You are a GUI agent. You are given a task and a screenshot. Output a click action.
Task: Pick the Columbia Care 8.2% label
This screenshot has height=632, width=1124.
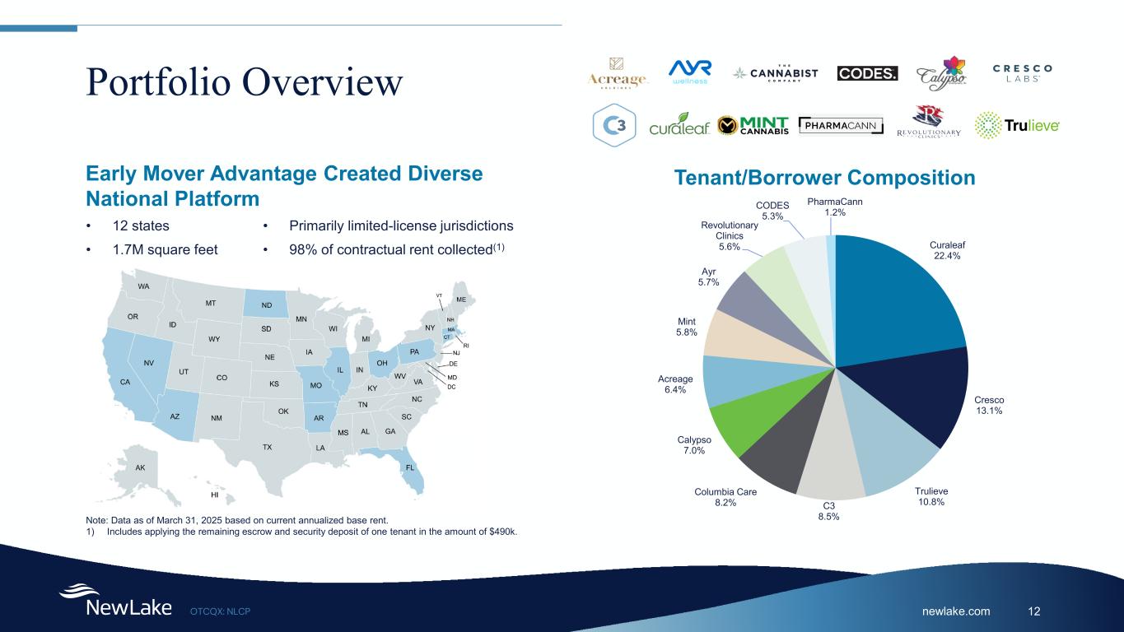point(725,498)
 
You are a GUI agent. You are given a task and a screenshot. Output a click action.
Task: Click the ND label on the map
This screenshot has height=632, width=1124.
point(267,305)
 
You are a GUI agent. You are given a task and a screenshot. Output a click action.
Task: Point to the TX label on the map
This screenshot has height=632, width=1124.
point(267,447)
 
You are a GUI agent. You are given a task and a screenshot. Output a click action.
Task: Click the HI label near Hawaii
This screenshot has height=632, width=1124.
point(215,495)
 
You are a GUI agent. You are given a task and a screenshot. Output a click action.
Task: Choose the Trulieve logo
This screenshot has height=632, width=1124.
point(1017,126)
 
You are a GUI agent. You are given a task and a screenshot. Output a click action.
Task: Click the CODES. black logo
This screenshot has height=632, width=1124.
point(868,74)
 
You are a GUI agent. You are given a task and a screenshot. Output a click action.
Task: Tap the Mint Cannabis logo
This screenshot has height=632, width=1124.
point(753,125)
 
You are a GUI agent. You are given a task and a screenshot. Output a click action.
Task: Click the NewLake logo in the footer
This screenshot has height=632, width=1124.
point(115,602)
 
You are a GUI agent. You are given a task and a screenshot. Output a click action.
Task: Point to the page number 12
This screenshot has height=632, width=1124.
point(1034,611)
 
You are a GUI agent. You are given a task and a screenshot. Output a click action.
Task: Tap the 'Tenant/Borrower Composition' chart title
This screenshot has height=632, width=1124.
point(824,178)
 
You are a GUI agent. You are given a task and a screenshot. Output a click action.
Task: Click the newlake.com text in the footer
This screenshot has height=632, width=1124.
point(962,611)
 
